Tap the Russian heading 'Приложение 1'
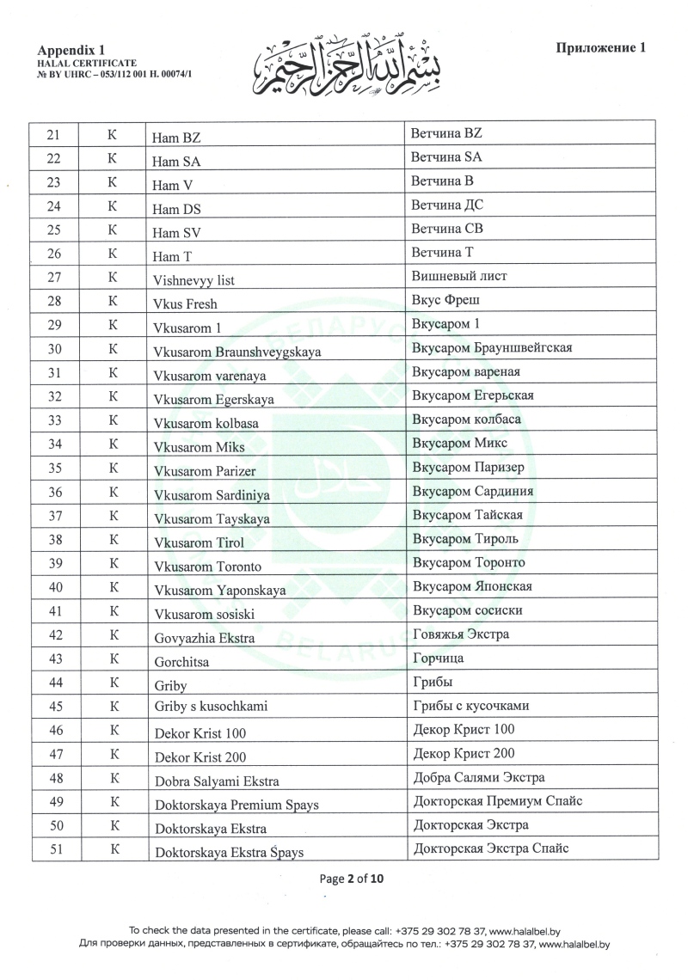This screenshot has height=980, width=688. coord(600,48)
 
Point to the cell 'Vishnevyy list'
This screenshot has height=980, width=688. coord(193,279)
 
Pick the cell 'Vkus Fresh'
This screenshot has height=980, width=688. coord(185,303)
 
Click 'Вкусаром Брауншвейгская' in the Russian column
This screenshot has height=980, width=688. coord(493,347)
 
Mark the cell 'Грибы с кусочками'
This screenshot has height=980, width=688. coord(470,706)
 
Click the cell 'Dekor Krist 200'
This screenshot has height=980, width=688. coord(200,757)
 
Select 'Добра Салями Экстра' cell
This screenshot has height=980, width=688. coord(478,777)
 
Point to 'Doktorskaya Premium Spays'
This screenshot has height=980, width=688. coord(236,805)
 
